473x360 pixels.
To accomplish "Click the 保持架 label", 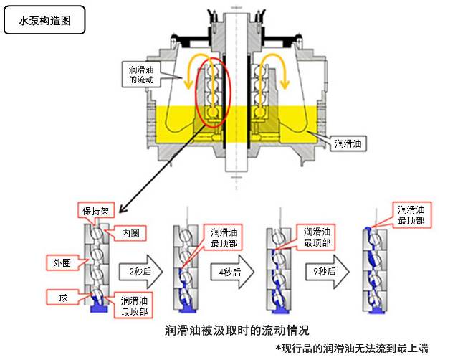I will [x=95, y=212].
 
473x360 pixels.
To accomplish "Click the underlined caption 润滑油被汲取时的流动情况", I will [x=236, y=331].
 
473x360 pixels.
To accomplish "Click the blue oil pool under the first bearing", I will [x=97, y=308].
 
